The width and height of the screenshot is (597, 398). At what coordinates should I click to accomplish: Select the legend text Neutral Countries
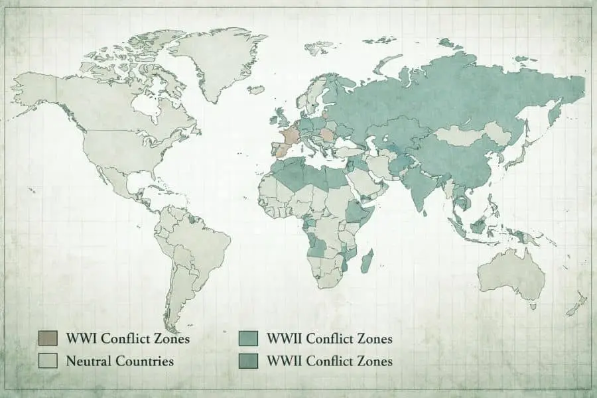(x=119, y=362)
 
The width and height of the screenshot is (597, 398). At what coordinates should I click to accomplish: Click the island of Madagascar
(x=366, y=261)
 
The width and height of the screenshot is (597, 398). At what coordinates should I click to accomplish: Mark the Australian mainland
(x=511, y=272)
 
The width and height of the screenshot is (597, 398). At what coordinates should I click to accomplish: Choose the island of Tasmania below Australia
(x=532, y=306)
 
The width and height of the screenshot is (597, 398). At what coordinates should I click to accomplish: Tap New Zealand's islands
(x=576, y=304)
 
